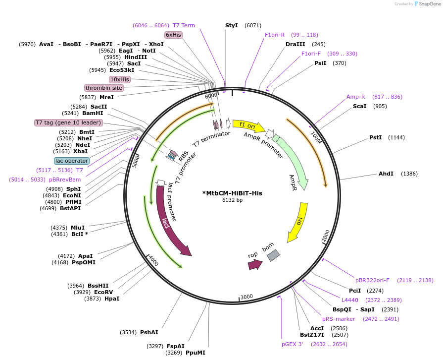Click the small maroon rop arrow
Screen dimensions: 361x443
tap(255, 264)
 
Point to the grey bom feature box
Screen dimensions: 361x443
tap(273, 255)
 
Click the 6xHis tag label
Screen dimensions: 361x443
tap(173, 35)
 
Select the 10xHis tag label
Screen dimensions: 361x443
tap(119, 79)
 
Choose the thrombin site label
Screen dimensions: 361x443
tap(104, 88)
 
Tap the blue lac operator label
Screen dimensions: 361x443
tap(72, 161)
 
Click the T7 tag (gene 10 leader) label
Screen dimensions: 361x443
tap(68, 122)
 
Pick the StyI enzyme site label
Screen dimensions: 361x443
tap(232, 25)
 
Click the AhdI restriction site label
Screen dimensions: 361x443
tap(386, 174)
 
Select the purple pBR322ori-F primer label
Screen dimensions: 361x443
tap(372, 280)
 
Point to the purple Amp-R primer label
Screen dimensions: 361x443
tap(355, 97)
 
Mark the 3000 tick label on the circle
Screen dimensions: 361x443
tap(246, 297)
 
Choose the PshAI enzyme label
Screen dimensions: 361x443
tap(149, 332)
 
